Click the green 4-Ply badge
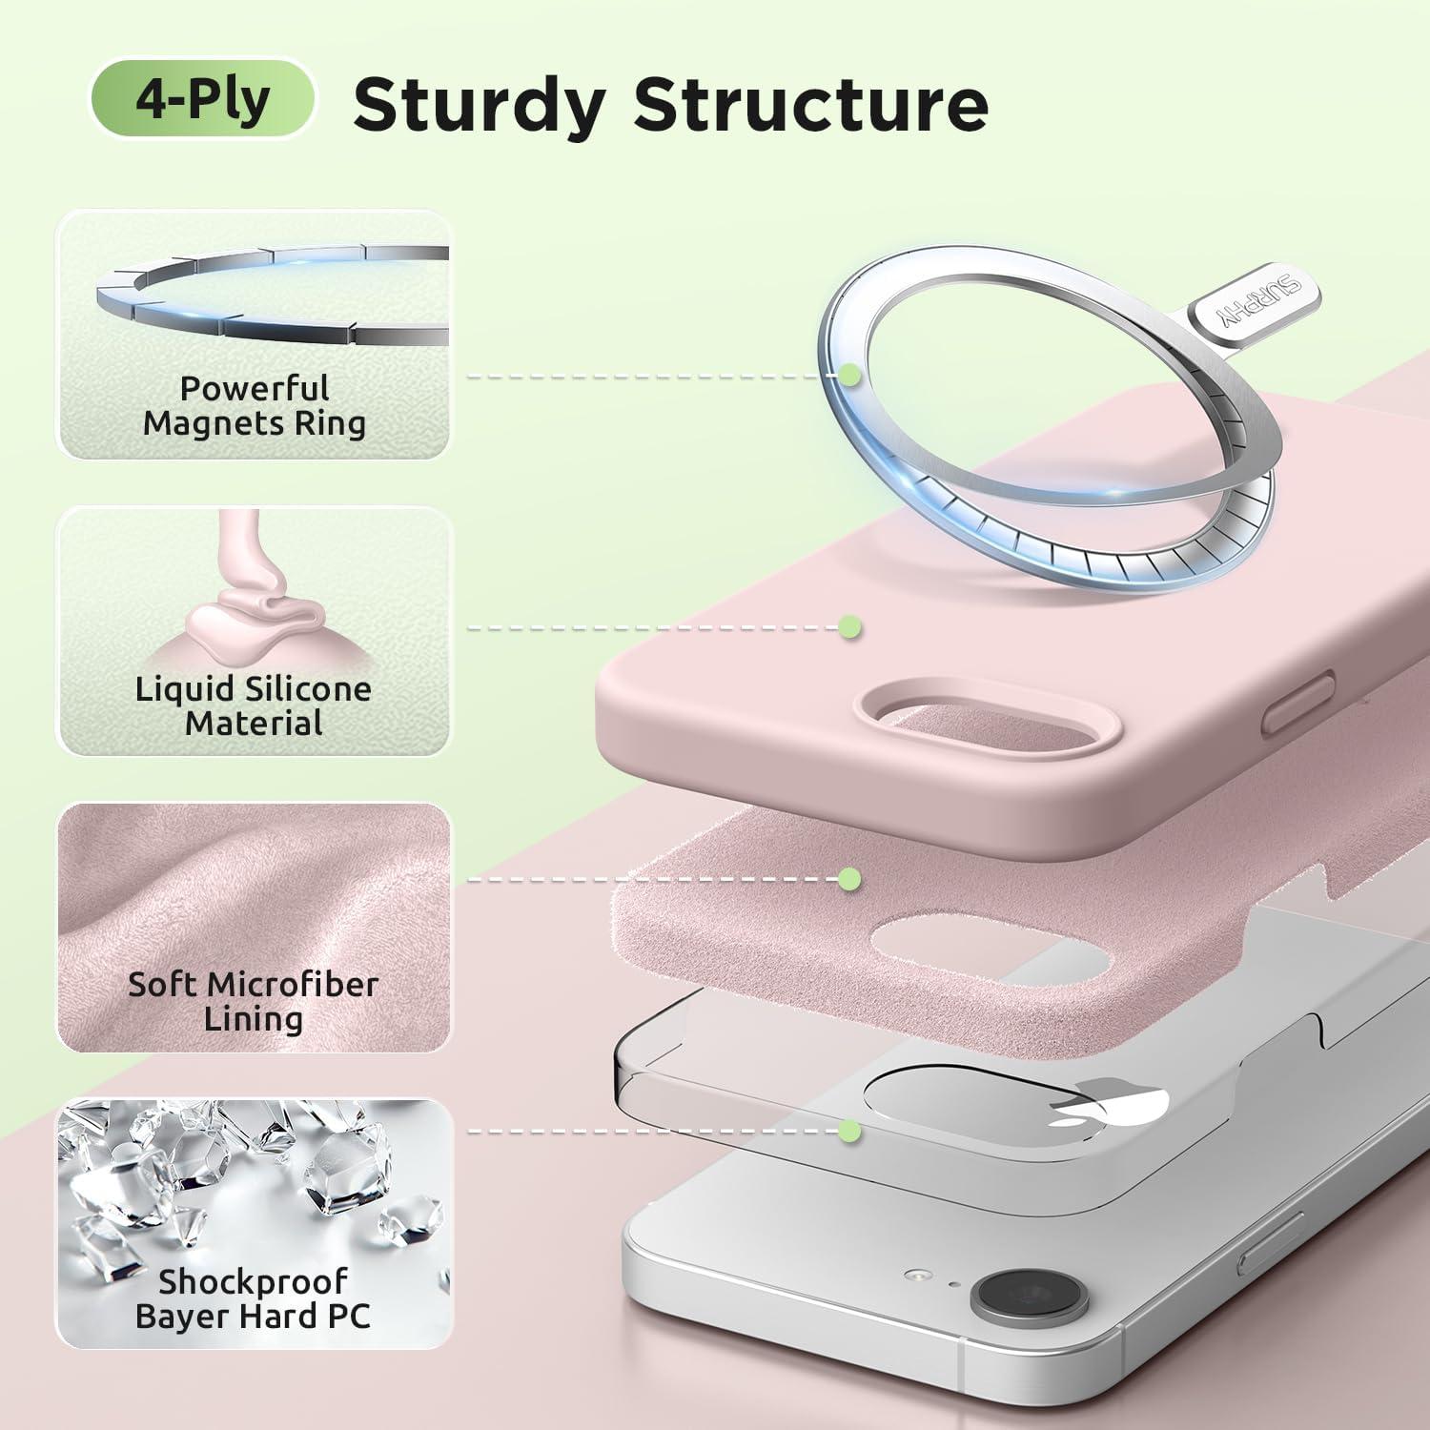(202, 98)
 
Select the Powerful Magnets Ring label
(255, 406)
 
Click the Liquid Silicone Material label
(254, 705)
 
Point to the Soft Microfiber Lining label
(254, 1001)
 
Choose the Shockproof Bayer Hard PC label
(254, 1298)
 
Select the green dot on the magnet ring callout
(850, 376)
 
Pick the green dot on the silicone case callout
(850, 627)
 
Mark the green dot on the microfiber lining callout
(849, 878)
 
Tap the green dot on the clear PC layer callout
(850, 1132)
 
